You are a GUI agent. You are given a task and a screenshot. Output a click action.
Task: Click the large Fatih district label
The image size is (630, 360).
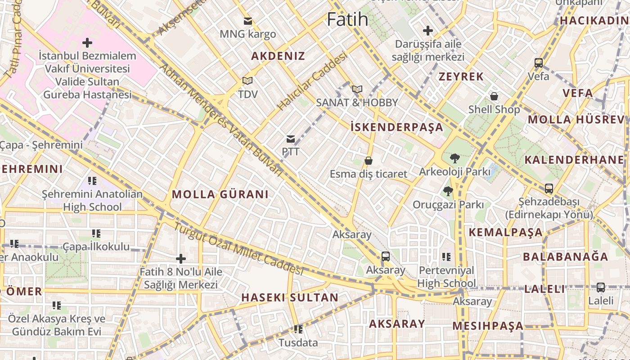click(347, 19)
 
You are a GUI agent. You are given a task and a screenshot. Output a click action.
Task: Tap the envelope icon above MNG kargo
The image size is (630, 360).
click(247, 21)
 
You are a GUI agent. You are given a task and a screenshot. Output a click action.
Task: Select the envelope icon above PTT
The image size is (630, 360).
click(291, 139)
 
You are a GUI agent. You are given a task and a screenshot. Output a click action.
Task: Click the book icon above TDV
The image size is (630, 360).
click(247, 81)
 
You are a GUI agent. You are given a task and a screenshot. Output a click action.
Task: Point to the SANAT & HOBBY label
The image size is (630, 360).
click(357, 103)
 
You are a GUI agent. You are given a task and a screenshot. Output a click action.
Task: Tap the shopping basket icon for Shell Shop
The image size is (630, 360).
click(494, 96)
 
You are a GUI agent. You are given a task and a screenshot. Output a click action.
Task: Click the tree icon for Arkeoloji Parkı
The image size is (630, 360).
click(454, 158)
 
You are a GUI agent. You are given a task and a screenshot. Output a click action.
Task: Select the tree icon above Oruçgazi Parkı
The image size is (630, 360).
click(448, 191)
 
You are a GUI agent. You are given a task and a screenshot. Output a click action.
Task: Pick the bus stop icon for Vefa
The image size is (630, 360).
click(539, 63)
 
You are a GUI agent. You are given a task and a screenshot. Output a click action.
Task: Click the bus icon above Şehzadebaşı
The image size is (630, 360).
click(549, 189)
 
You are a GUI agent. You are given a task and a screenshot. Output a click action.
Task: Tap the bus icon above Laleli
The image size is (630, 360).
click(601, 288)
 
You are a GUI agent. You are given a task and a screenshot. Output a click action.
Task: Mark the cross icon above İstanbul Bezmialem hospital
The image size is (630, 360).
click(87, 43)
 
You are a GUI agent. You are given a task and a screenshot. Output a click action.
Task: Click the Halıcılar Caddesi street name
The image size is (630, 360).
click(312, 81)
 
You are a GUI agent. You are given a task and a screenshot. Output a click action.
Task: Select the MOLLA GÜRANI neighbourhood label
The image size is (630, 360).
click(220, 194)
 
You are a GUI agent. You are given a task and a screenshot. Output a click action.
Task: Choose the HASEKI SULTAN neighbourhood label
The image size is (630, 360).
click(290, 297)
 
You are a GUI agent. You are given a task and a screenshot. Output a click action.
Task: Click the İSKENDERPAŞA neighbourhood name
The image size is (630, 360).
click(397, 127)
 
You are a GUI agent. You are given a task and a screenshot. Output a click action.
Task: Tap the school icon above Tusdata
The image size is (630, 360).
click(297, 330)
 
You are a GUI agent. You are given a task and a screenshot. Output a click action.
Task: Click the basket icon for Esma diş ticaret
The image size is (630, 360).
click(369, 161)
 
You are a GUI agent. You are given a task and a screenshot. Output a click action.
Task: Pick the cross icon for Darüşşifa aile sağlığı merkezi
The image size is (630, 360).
click(428, 31)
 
